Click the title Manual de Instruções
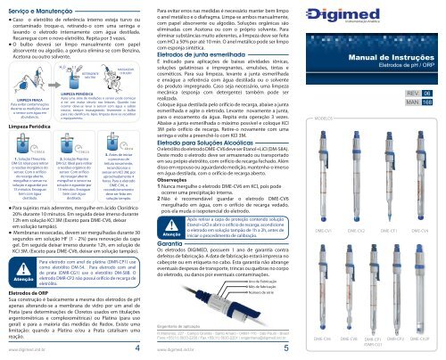(x=389, y=86)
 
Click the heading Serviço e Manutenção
(x=41, y=8)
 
